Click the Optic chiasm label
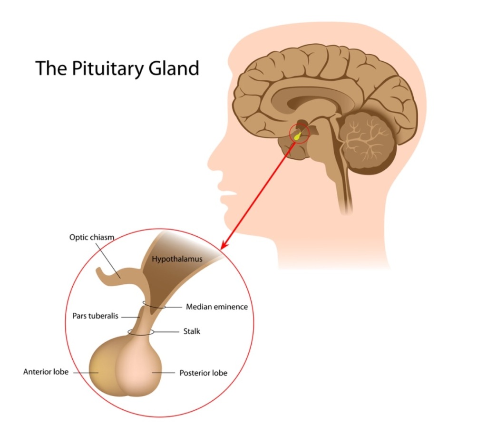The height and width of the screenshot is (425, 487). click(92, 236)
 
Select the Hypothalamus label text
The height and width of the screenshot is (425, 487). click(177, 259)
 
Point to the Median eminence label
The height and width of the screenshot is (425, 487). click(217, 307)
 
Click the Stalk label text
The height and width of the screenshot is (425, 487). click(192, 331)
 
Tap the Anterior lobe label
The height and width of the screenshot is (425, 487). click(46, 372)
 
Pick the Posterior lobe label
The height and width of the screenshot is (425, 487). click(203, 373)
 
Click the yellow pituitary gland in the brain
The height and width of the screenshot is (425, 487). click(298, 136)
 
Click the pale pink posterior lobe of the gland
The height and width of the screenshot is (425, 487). click(143, 371)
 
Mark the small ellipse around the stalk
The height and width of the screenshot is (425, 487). click(141, 332)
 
